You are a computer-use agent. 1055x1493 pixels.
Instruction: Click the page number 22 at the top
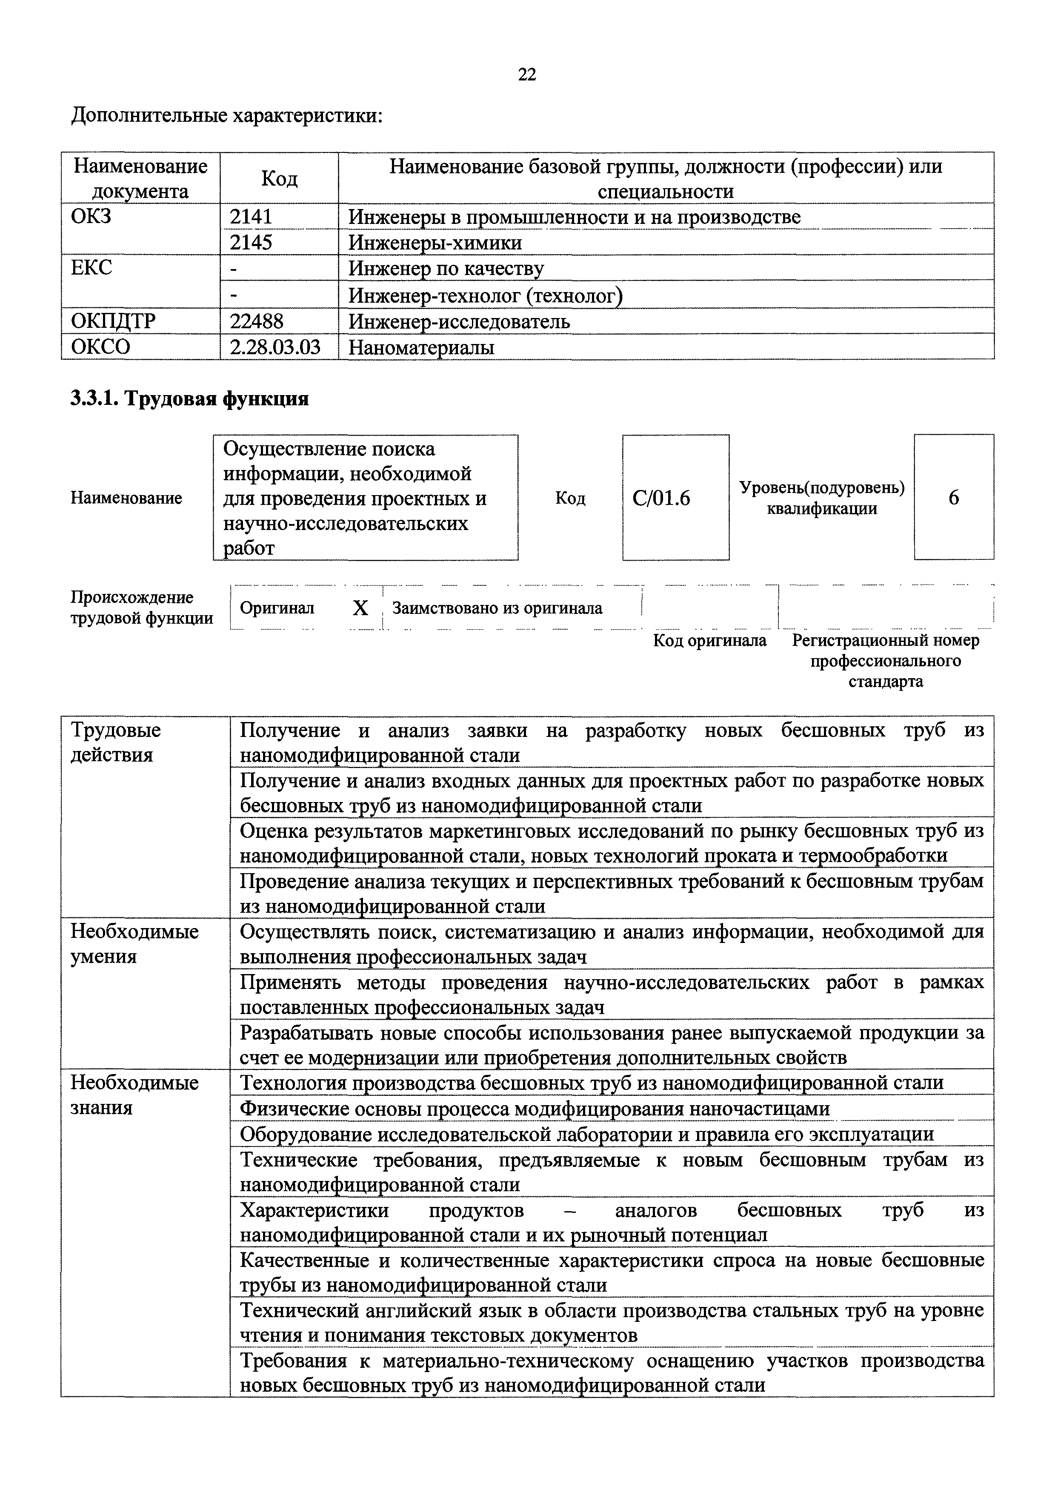[x=527, y=75]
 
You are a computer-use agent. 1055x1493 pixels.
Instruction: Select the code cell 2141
[x=251, y=217]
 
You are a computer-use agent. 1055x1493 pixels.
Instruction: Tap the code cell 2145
[x=251, y=243]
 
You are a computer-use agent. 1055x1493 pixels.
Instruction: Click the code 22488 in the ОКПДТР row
[x=256, y=321]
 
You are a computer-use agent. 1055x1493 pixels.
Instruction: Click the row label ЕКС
[x=91, y=268]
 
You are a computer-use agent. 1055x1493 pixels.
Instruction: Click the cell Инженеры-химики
[x=435, y=243]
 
